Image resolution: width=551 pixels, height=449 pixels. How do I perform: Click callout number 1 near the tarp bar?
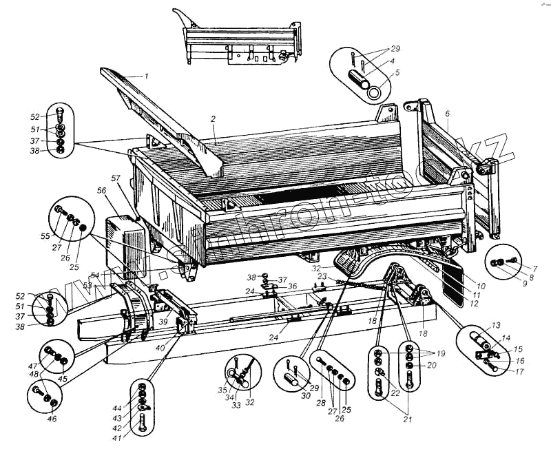(146, 75)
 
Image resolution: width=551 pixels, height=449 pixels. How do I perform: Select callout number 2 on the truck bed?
(214, 119)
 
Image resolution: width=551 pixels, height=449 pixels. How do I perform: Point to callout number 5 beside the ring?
(397, 72)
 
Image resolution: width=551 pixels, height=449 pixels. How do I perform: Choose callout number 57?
(116, 178)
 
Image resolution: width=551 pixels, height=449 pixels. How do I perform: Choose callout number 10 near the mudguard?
(480, 284)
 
